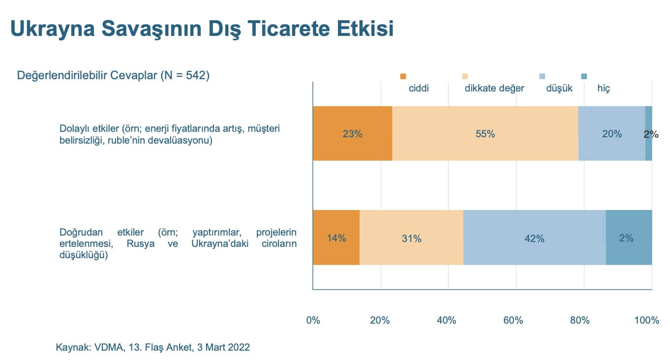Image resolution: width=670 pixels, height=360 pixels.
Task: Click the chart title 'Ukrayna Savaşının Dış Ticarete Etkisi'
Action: click(x=202, y=29)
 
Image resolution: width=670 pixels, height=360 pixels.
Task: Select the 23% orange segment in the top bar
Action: click(x=352, y=133)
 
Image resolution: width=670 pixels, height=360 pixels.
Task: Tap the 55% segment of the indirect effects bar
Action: click(x=485, y=133)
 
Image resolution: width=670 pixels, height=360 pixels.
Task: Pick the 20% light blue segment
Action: click(x=611, y=133)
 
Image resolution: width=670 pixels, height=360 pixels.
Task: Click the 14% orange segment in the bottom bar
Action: click(x=336, y=238)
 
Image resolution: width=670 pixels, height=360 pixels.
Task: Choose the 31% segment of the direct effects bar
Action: click(x=411, y=238)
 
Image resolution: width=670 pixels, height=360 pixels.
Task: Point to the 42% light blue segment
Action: click(x=534, y=238)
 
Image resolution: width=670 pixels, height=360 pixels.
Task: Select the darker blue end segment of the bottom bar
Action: click(x=629, y=238)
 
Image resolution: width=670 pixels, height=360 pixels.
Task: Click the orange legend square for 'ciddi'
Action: click(x=403, y=76)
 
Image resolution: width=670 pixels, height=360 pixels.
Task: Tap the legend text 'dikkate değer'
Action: click(x=494, y=89)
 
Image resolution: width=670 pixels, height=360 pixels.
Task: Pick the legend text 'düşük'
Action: click(x=559, y=89)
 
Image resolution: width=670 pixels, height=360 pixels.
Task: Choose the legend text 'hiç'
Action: click(x=604, y=89)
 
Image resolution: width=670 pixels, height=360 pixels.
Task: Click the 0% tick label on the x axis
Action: click(x=313, y=321)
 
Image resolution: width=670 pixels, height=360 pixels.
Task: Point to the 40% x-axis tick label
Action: click(x=446, y=321)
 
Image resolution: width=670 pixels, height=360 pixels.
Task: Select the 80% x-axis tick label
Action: click(x=579, y=321)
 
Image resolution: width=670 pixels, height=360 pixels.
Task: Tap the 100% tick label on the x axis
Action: click(x=647, y=321)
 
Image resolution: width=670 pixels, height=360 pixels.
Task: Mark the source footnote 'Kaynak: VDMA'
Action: click(x=153, y=347)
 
